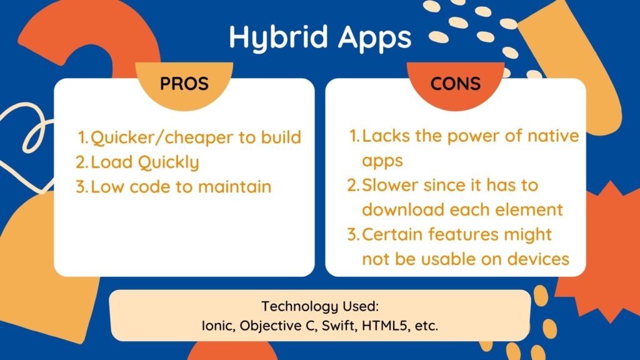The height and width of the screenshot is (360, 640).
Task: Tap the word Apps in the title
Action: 374,37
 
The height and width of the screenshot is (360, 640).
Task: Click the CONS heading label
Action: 455,83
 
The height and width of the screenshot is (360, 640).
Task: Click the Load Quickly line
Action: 145,162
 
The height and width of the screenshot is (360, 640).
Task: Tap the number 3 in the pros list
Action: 79,186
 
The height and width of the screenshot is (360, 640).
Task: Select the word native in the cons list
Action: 549,136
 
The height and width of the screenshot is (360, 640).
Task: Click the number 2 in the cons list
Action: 352,186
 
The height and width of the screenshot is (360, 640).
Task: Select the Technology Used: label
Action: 320,307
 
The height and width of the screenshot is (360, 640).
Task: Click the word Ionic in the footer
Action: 215,325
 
